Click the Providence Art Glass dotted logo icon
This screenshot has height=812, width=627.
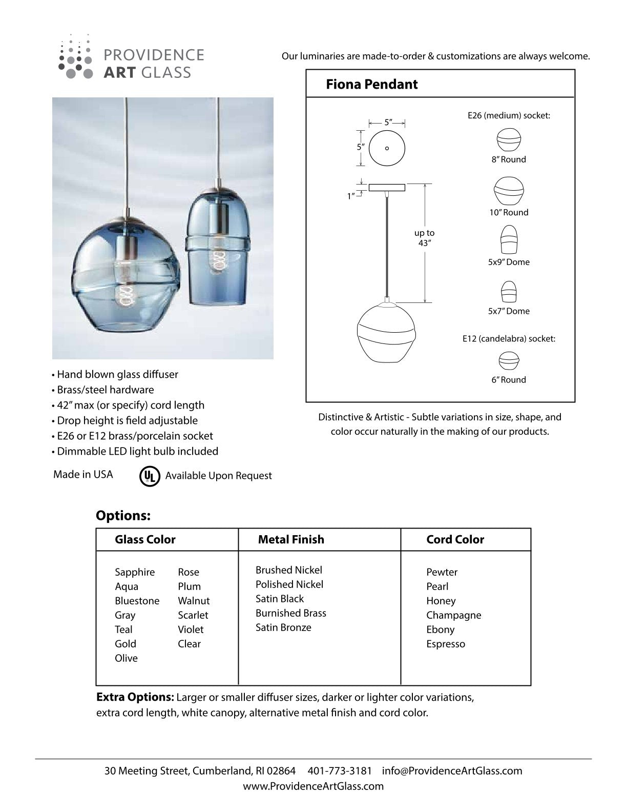click(x=75, y=57)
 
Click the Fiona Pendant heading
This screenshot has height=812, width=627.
click(x=372, y=84)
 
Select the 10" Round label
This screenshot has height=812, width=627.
click(x=509, y=212)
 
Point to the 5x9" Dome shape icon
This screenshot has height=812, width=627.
click(x=509, y=239)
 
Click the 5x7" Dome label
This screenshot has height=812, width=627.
click(x=509, y=311)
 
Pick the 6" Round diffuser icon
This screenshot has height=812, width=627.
click(x=509, y=360)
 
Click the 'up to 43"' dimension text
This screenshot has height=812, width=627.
click(x=424, y=238)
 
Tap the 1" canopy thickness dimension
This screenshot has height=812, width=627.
click(x=351, y=196)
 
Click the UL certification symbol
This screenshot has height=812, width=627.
click(x=150, y=476)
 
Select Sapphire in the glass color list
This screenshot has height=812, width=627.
click(x=135, y=572)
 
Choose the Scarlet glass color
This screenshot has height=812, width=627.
click(x=193, y=615)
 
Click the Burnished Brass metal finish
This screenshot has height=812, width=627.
click(x=291, y=613)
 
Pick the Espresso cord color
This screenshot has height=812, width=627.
click(x=446, y=644)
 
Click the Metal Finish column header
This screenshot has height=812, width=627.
click(x=291, y=539)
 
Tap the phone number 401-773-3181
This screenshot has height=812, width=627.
click(x=340, y=770)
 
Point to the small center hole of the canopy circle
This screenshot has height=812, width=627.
click(x=387, y=148)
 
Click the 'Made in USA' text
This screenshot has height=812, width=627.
click(x=83, y=475)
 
